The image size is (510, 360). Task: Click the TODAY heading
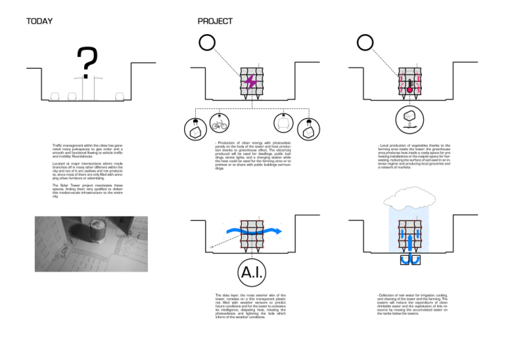click(x=39, y=22)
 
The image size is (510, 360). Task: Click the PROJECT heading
click(x=215, y=22)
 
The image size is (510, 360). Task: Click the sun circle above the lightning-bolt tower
click(x=208, y=43)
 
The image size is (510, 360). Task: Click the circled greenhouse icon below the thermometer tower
click(x=409, y=120)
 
